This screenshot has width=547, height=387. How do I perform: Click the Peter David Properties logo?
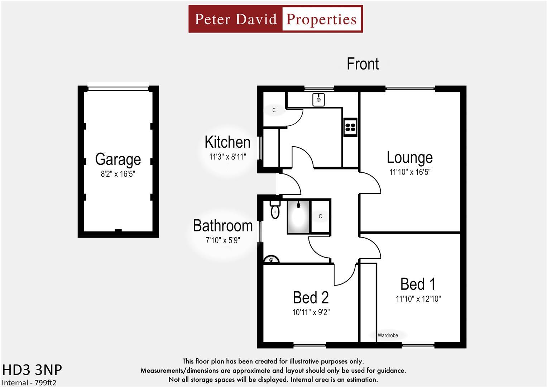click(275, 19)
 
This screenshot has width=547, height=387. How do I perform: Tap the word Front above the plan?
click(363, 64)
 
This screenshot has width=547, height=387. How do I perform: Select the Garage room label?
click(118, 159)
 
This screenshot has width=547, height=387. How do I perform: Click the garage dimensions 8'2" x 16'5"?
click(118, 175)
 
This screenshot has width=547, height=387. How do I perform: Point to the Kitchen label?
click(227, 142)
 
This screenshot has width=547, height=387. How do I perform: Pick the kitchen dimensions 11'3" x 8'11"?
click(227, 157)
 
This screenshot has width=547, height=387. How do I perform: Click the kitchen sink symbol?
click(318, 99)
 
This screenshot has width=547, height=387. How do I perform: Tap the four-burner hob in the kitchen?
click(350, 127)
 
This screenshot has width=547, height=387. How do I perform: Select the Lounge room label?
click(409, 157)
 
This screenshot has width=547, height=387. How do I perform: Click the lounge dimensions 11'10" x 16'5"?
click(410, 172)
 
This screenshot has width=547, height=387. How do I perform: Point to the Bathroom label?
click(223, 226)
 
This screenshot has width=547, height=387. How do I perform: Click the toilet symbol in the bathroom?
click(275, 210)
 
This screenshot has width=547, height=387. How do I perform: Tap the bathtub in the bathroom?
click(298, 217)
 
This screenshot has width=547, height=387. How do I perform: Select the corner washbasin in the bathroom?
click(271, 259)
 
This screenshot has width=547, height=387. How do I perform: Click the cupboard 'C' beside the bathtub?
click(320, 216)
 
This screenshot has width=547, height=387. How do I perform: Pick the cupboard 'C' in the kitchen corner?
click(274, 110)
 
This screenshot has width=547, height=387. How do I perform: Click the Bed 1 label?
click(418, 284)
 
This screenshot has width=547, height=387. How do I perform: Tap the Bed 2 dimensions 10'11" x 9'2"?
click(311, 312)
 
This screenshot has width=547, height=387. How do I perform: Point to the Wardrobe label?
click(388, 335)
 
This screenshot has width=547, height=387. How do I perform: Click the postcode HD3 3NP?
click(32, 370)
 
